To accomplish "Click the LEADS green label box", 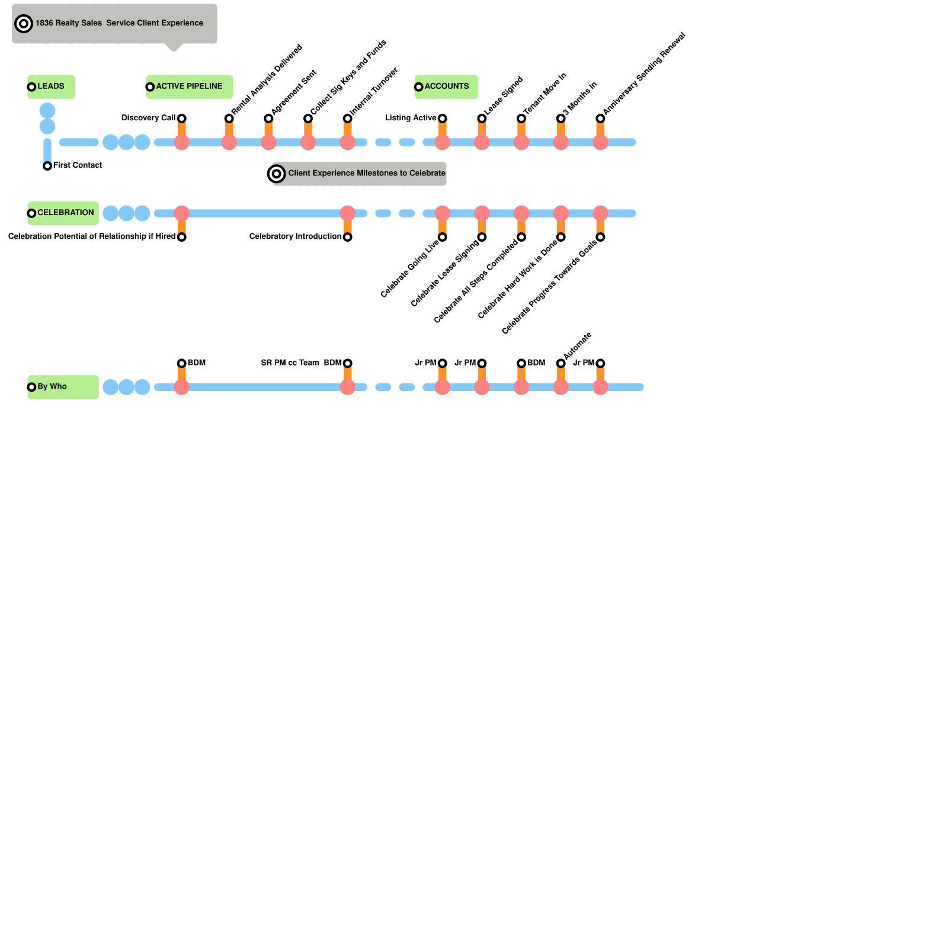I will pyautogui.click(x=51, y=87).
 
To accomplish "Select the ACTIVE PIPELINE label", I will pyautogui.click(x=190, y=87).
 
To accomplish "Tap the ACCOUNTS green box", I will pyautogui.click(x=446, y=87).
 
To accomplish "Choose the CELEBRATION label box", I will pyautogui.click(x=63, y=213).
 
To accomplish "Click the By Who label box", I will pyautogui.click(x=63, y=387).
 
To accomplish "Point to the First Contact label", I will pyautogui.click(x=78, y=165).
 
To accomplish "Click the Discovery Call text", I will pyautogui.click(x=148, y=118).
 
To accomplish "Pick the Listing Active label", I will pyautogui.click(x=411, y=118).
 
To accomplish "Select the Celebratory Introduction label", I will pyautogui.click(x=295, y=236).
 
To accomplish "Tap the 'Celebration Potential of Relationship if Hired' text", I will pyautogui.click(x=92, y=236).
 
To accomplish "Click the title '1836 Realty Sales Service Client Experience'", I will pyautogui.click(x=119, y=23).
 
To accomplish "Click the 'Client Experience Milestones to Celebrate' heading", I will pyautogui.click(x=366, y=173).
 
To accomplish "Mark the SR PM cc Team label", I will pyautogui.click(x=290, y=363).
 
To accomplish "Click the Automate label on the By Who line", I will pyautogui.click(x=577, y=346).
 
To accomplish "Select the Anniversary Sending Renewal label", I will pyautogui.click(x=643, y=73).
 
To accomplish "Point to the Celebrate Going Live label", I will pyautogui.click(x=409, y=268).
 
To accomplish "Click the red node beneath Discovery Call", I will pyautogui.click(x=182, y=142).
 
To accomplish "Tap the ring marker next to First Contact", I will pyautogui.click(x=47, y=166).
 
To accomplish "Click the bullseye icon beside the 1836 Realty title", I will pyautogui.click(x=24, y=24).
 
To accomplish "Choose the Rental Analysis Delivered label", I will pyautogui.click(x=267, y=79).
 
